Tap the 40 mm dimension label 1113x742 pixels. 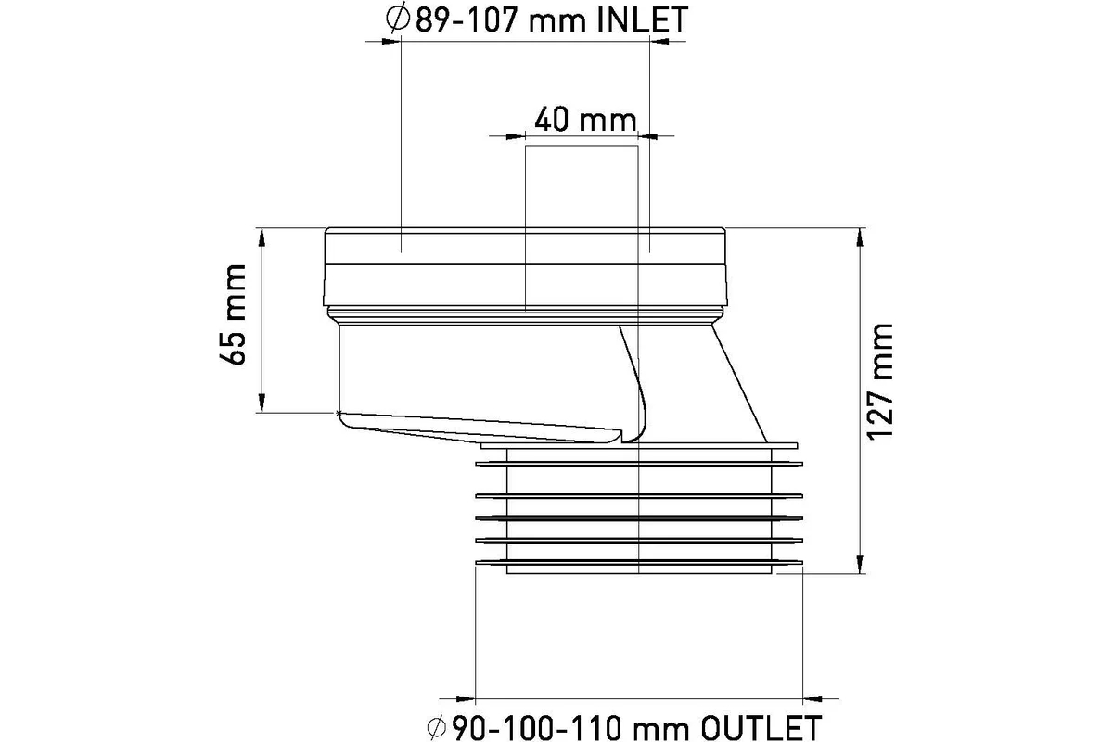point(585,120)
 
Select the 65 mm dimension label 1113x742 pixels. point(233,314)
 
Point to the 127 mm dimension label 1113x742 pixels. point(879,382)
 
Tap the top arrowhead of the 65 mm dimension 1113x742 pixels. point(262,237)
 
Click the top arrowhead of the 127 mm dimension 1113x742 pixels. point(860,237)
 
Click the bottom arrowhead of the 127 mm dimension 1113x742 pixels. point(860,565)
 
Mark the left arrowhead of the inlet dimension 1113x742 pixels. point(391,41)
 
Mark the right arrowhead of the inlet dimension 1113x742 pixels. point(659,41)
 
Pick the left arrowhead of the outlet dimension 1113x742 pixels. point(466,699)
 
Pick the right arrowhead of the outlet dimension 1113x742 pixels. point(812,699)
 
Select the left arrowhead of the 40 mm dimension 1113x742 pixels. point(516,135)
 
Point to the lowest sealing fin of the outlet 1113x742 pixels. point(639,563)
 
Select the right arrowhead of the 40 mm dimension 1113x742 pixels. point(648,135)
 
